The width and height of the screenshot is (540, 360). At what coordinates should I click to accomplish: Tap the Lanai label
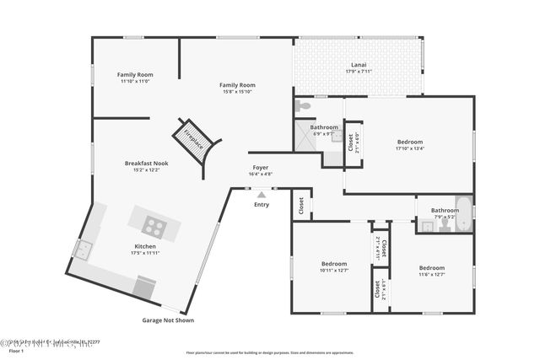pos(359,67)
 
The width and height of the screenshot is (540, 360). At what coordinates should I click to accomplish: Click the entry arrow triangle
pos(262,195)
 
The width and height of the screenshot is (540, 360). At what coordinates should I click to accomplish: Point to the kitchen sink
pos(84,249)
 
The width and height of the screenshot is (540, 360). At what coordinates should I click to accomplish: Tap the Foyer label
pos(261,169)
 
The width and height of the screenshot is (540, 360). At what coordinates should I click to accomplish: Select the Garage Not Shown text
pos(167,320)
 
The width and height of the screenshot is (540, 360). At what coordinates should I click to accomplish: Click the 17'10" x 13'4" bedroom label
pos(409,145)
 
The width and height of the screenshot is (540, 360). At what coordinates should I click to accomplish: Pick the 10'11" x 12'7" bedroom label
pos(334,266)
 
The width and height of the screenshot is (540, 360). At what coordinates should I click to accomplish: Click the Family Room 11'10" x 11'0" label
pos(134,78)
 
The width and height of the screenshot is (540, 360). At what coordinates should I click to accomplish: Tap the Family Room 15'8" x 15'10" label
pos(237,88)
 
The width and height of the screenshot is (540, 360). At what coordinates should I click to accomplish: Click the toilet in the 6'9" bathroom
pos(304,107)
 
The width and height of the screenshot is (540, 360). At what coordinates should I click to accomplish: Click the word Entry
pos(262,204)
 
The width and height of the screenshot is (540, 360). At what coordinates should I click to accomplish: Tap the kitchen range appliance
pos(144,287)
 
